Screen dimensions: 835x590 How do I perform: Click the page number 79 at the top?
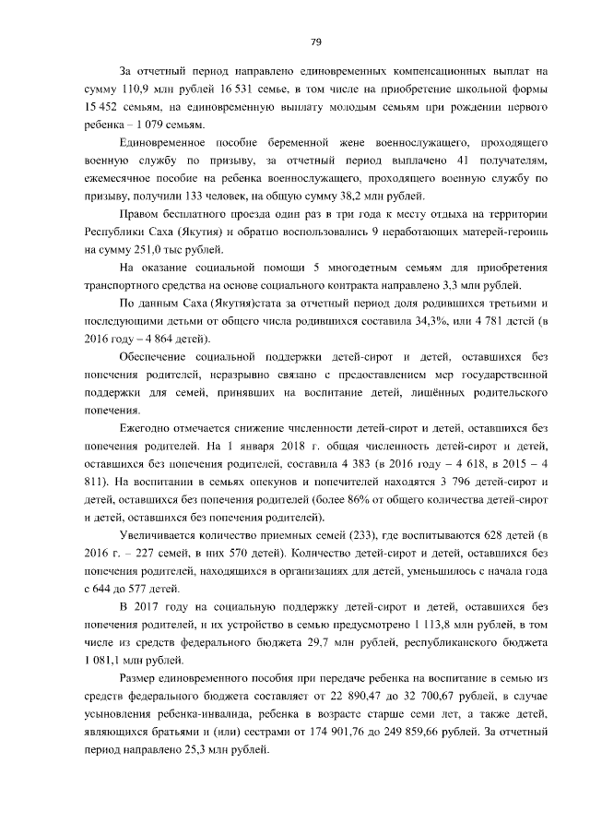pyautogui.click(x=314, y=42)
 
